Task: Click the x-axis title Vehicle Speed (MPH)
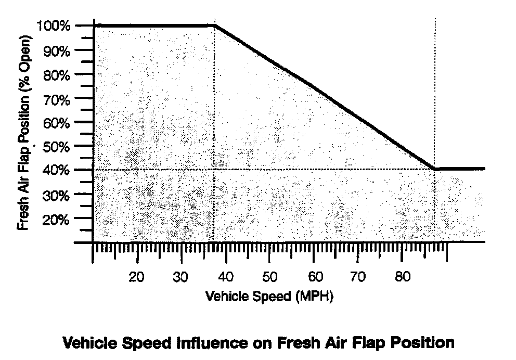269,297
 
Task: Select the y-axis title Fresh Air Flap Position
23,134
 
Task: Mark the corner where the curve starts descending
215,25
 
